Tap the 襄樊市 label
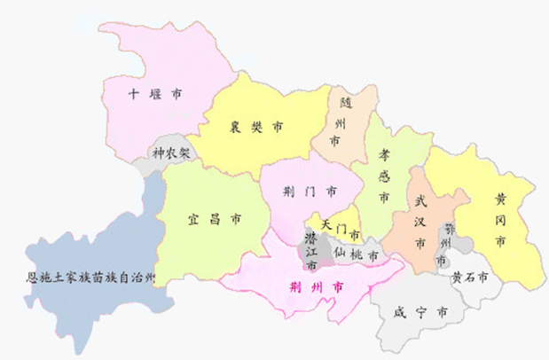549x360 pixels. (255, 128)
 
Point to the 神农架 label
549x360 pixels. (170, 153)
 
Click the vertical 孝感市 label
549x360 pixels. (384, 175)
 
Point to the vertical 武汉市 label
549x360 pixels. (420, 221)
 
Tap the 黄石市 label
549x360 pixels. (470, 277)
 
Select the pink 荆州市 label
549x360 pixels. (318, 287)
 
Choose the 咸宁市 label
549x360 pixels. (419, 312)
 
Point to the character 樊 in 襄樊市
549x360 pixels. (255, 128)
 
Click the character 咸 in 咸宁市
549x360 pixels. (399, 312)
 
